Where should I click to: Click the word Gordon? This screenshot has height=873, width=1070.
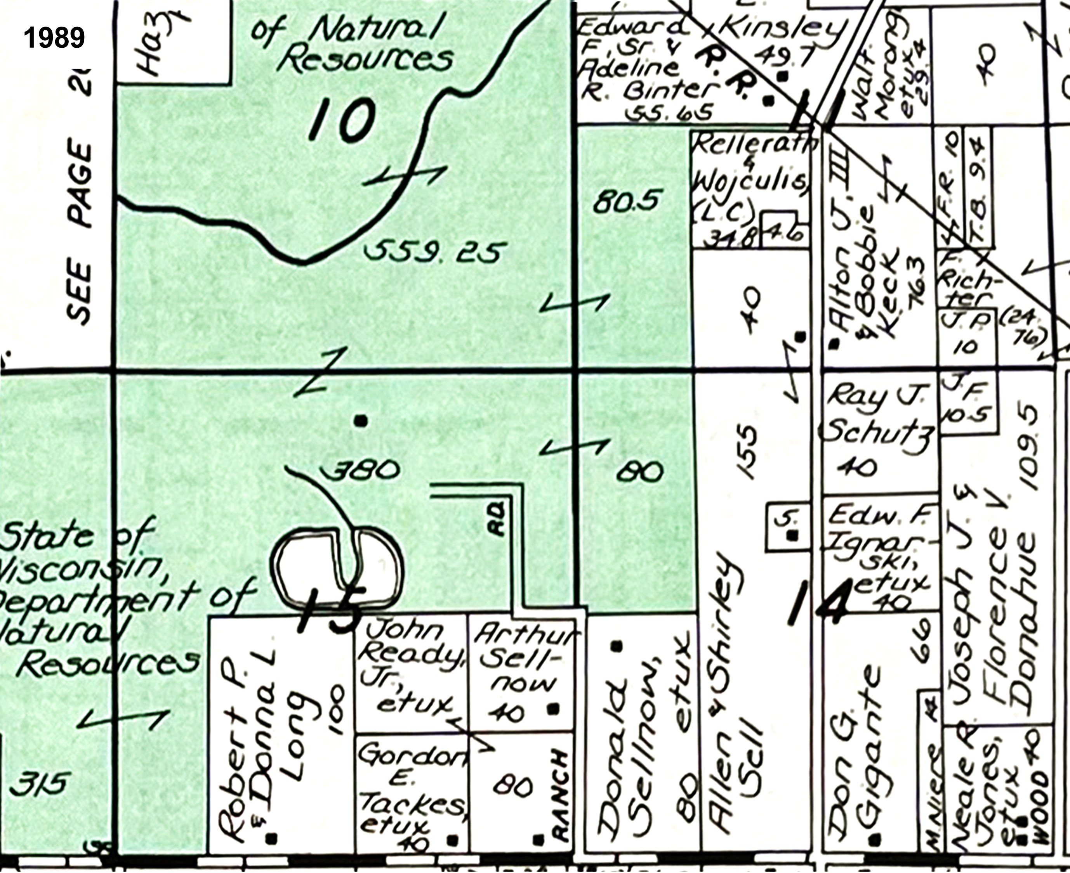click(x=412, y=754)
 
